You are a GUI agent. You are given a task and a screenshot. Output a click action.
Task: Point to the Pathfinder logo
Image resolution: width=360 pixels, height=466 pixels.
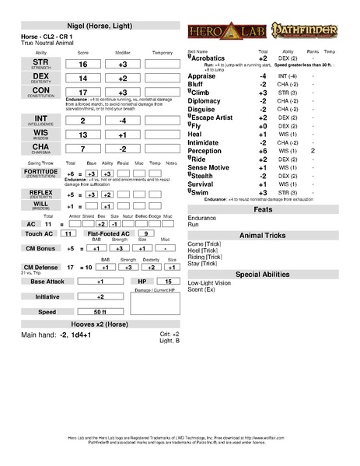coord(299,33)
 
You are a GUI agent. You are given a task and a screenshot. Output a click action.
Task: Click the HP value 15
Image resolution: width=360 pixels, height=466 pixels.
coord(168,281)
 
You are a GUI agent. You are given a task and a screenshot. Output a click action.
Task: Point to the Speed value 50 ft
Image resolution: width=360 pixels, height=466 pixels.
coord(100,311)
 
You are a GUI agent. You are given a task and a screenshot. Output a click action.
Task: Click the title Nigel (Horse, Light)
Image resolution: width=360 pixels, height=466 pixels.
coord(101,26)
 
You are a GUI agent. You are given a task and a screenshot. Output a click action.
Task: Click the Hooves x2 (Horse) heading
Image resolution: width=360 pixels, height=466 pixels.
coord(101,324)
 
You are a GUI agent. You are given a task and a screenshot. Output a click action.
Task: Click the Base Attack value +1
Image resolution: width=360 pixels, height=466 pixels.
coord(100,281)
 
